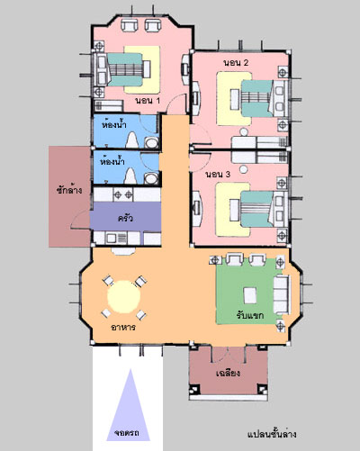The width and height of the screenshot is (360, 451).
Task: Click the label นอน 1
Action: (x=148, y=101)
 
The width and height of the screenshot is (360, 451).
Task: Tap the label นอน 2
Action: (x=236, y=63)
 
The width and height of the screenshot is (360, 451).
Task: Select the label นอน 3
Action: (x=218, y=174)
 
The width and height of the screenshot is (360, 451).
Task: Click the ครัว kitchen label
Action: (x=125, y=218)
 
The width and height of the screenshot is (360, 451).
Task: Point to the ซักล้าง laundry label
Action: (x=69, y=190)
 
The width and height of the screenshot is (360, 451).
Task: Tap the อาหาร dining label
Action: (x=123, y=327)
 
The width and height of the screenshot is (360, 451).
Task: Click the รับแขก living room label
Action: (x=249, y=315)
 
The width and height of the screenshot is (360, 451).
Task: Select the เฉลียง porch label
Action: (x=228, y=373)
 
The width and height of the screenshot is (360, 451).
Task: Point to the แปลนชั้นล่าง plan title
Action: (x=272, y=434)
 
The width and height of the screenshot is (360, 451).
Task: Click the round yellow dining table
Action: (x=124, y=296)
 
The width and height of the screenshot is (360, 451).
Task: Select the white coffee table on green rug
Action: (x=250, y=295)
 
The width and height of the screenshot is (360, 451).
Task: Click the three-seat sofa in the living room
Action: (x=282, y=294)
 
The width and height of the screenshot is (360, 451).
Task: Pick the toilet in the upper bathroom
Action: (x=131, y=140)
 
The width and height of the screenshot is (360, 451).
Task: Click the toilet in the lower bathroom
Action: (x=130, y=176)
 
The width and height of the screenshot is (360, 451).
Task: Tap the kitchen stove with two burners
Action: (x=122, y=195)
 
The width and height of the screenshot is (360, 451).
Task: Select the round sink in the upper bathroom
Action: (x=152, y=143)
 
